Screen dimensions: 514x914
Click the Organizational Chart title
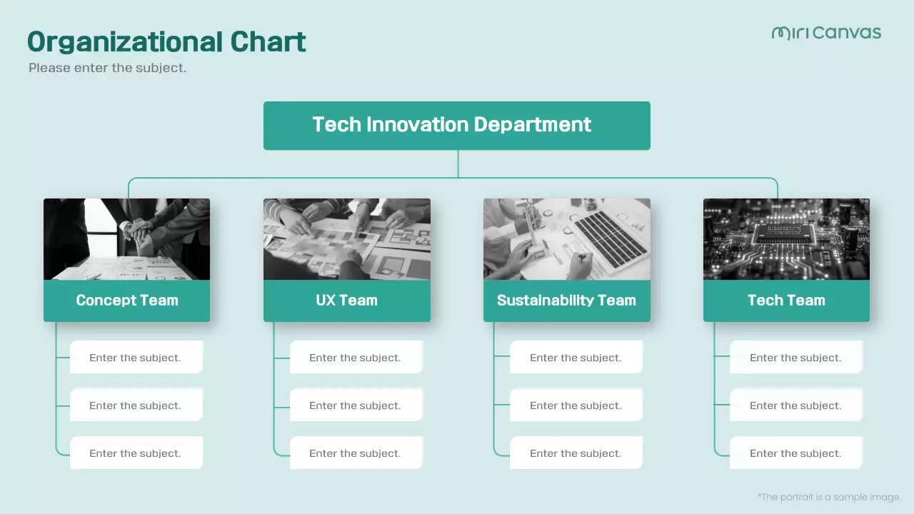pos(166,42)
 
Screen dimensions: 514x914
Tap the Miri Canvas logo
pos(826,33)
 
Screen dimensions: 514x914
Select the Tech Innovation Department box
pos(456,125)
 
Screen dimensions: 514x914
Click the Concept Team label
pos(127,301)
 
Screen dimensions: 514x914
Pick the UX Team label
pos(346,301)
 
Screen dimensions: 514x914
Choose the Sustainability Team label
pos(566,301)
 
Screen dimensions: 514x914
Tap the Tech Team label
pos(786,301)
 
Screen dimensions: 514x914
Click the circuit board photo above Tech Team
pos(786,239)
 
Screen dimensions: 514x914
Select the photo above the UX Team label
pos(346,239)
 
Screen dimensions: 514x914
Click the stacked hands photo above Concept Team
pos(127,239)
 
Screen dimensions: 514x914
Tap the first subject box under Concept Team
pos(136,357)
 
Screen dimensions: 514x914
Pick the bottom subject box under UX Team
pos(356,453)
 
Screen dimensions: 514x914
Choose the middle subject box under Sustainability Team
pos(576,405)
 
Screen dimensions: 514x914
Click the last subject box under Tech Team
pos(795,453)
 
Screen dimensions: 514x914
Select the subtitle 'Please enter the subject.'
pos(107,69)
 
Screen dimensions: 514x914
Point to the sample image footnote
pos(829,497)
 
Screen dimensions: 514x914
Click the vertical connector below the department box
pos(458,163)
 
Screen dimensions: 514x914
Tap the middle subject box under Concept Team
pos(136,405)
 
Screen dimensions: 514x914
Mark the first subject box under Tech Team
pos(795,357)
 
